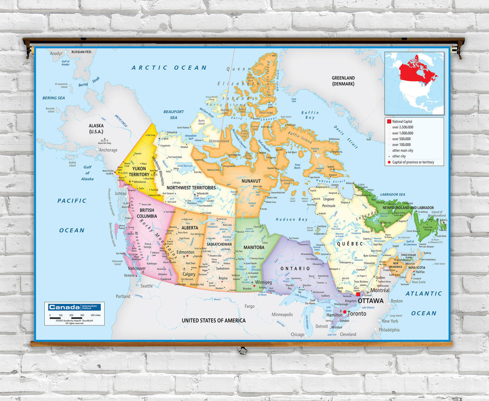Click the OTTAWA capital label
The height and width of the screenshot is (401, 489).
[x=371, y=301]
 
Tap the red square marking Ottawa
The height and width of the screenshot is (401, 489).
[x=358, y=294]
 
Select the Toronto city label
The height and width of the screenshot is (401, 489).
[x=357, y=313]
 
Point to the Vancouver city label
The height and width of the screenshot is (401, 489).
[x=137, y=268]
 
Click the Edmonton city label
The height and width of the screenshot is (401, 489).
[x=185, y=252]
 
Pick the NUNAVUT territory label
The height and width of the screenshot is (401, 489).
[x=251, y=181]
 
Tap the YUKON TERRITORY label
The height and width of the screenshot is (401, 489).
[x=139, y=172]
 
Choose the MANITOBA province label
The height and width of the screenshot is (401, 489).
[x=254, y=247]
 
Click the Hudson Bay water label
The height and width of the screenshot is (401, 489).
[x=291, y=219]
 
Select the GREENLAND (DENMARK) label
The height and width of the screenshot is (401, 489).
[x=343, y=81]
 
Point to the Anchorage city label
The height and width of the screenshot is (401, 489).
[x=108, y=150]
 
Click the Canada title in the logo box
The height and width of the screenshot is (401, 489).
[x=64, y=307]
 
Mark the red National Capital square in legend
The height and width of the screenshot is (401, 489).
[x=389, y=121]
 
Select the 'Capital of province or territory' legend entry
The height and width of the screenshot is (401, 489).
[x=413, y=162]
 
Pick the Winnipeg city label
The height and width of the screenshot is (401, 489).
[x=263, y=282]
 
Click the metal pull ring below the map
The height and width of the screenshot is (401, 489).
[x=242, y=350]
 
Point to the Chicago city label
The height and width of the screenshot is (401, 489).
[x=298, y=334]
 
